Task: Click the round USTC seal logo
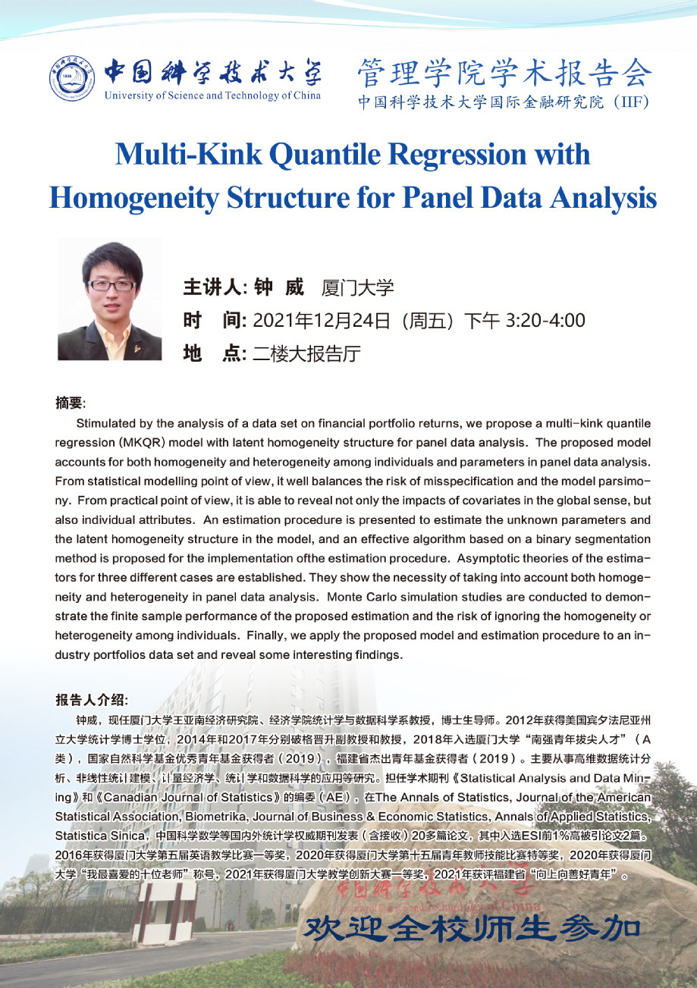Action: click(x=74, y=80)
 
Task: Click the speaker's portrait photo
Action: click(x=109, y=299)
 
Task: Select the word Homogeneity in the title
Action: click(x=132, y=197)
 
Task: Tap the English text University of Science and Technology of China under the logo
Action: click(x=212, y=96)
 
